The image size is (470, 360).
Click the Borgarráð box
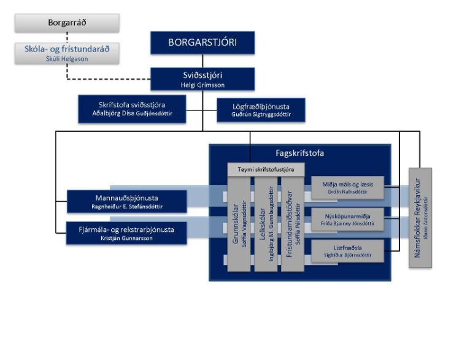coord(67,23)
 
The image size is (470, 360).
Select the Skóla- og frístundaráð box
coord(67,53)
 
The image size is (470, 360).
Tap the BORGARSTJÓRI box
coord(202,43)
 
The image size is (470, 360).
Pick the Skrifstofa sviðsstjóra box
coord(132,109)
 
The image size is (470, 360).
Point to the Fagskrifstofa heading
coord(299,153)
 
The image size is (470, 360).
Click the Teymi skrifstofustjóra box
coord(266,169)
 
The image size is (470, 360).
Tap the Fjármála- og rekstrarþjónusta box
coord(126,233)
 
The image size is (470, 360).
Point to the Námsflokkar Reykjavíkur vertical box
coord(420,218)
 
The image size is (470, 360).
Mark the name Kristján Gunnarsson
coord(126,238)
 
